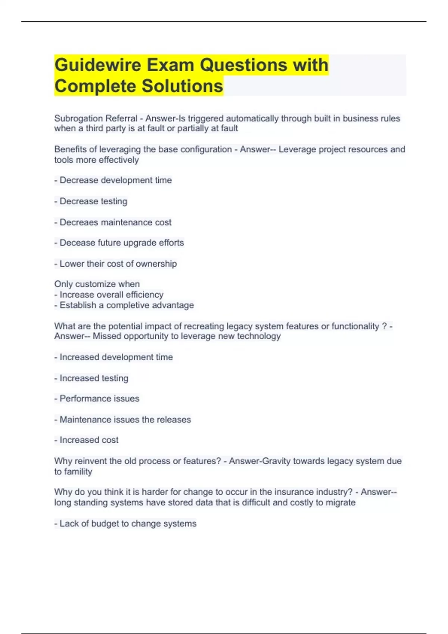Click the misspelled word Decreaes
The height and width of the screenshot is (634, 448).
(x=79, y=222)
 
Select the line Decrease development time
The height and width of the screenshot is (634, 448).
(x=113, y=181)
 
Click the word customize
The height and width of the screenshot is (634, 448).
(x=95, y=284)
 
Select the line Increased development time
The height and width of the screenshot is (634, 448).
(x=114, y=357)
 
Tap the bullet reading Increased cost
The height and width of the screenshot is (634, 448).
(x=87, y=440)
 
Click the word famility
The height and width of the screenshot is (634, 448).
(x=78, y=472)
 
